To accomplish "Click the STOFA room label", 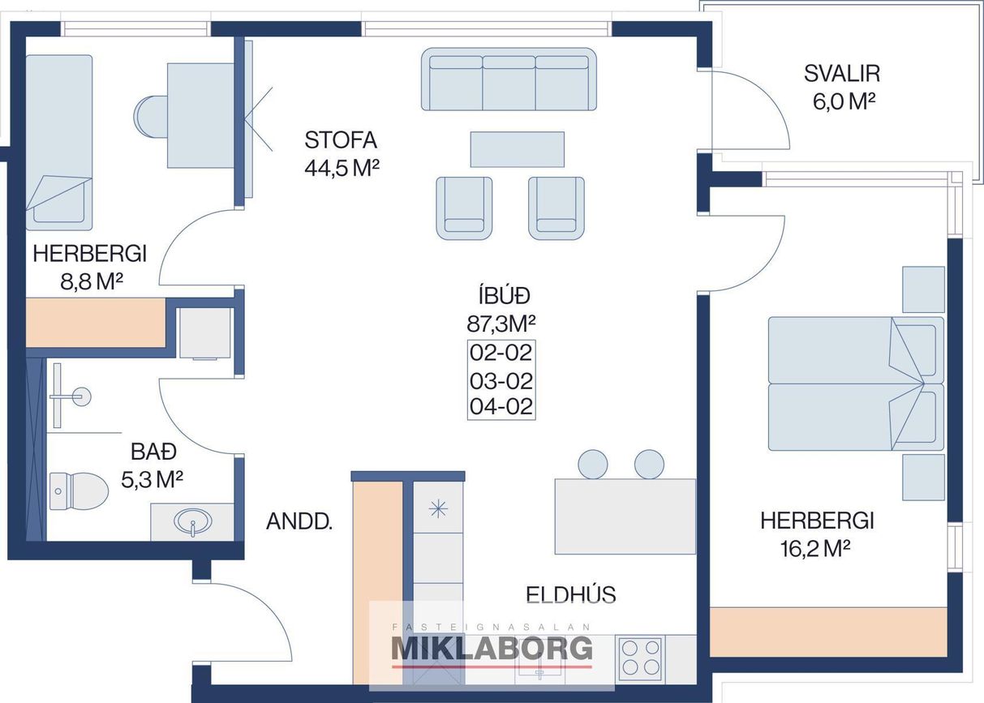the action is coord(341,140).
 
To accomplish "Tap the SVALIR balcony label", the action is coord(842,74).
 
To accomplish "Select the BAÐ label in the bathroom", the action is coord(154,452).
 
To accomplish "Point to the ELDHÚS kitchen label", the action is coord(570,594).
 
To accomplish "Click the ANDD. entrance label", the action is coord(299,521).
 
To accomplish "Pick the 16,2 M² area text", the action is coord(815,548).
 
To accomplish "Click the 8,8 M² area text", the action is coord(92,281).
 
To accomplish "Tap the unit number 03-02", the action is coord(501,381).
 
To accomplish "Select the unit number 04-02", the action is coord(501,406).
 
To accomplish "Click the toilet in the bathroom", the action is coord(79,491).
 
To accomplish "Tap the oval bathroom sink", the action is coord(193,522).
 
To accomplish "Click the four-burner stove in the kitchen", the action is coord(641,658).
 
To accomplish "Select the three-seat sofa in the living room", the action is coord(509,79).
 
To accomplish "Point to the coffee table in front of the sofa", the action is coord(518,149).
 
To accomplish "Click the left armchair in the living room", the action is coord(464,208).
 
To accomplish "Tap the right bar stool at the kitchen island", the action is coord(649,465).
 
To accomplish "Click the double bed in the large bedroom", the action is coord(856,384).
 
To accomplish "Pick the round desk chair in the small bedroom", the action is coord(151,117).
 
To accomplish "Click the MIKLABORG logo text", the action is coord(492,648).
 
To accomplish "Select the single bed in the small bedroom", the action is coord(59,143).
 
